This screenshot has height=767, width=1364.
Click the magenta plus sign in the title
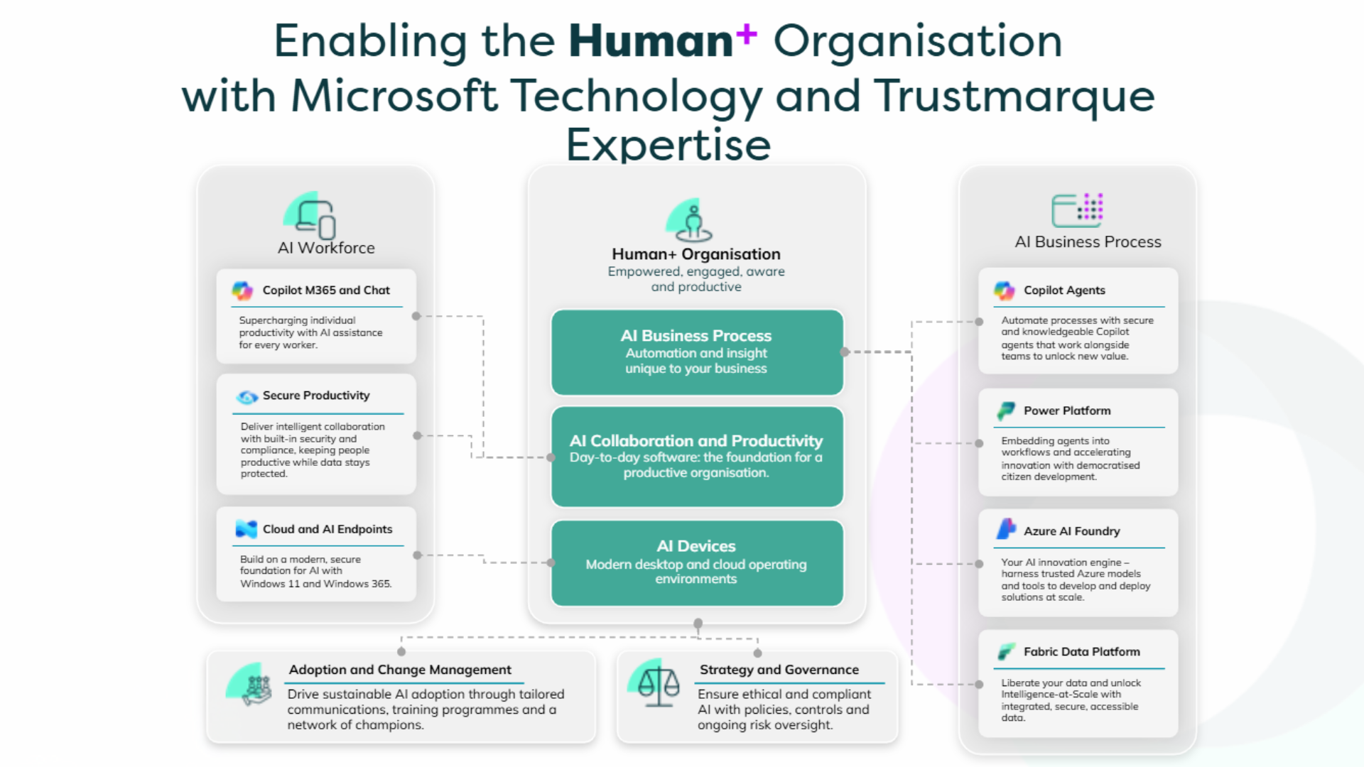tap(746, 33)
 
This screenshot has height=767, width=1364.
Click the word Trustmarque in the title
tap(1014, 96)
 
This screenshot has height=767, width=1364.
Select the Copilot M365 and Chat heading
tap(325, 290)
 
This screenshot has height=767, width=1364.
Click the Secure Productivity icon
tap(247, 396)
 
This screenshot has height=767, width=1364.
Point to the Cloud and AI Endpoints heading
tap(327, 529)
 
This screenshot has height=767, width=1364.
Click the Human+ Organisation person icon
tap(693, 222)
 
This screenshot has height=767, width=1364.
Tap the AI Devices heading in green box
tap(696, 546)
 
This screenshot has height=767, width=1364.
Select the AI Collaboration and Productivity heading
tap(696, 441)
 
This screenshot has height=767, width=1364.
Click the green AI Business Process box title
tap(696, 336)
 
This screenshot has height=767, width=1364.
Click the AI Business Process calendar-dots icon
tap(1077, 210)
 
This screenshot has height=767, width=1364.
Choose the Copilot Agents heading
tap(1063, 290)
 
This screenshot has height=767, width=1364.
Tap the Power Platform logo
tap(1005, 410)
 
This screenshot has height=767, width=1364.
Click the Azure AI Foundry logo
tap(1006, 530)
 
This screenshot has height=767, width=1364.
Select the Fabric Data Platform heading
tap(1081, 652)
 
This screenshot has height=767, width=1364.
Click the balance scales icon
tap(659, 685)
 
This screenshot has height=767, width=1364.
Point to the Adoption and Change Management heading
tap(400, 670)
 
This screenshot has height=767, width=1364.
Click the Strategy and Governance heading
tap(779, 670)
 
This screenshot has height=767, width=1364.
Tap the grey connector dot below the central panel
tap(698, 624)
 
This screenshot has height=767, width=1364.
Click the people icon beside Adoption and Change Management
tap(257, 688)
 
